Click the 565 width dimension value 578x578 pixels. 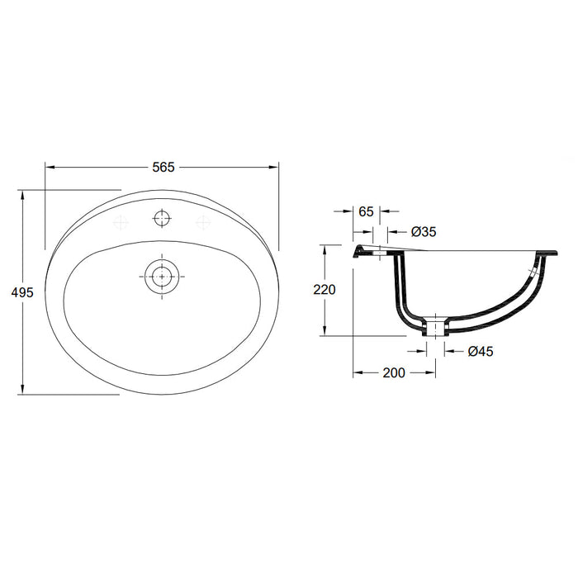pyautogui.click(x=163, y=167)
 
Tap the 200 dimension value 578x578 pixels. pyautogui.click(x=394, y=373)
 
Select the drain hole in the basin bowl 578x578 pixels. pyautogui.click(x=162, y=275)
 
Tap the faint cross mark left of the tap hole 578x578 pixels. pyautogui.click(x=122, y=221)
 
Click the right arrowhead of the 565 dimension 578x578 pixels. pyautogui.click(x=275, y=167)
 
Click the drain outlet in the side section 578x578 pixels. pyautogui.click(x=434, y=329)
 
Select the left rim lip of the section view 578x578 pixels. pyautogui.click(x=361, y=251)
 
